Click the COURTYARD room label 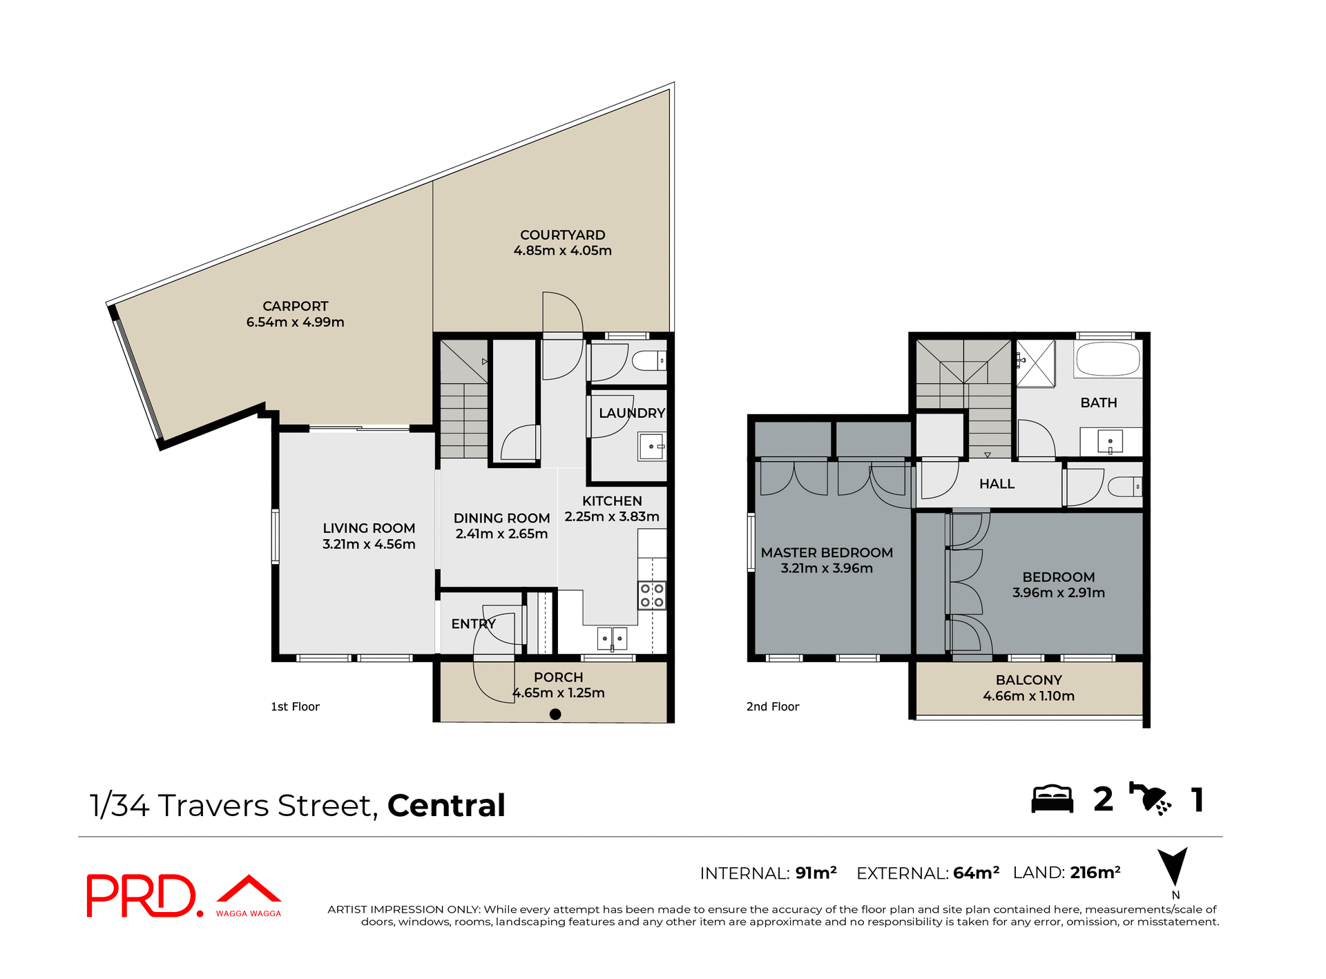[562, 235]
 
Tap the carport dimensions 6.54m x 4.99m [295, 322]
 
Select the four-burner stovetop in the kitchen [651, 596]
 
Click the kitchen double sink [612, 639]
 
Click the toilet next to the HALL [1125, 488]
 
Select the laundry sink [651, 447]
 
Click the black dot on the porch [555, 715]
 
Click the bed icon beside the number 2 [1052, 799]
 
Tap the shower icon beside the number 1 [1150, 799]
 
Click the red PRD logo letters [142, 896]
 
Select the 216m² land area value [1095, 873]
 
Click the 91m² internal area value [816, 873]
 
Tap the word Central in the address [446, 806]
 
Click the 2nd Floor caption [772, 707]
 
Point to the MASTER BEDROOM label [827, 553]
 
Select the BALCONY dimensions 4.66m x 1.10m [1028, 697]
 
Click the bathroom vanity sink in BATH [1110, 441]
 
